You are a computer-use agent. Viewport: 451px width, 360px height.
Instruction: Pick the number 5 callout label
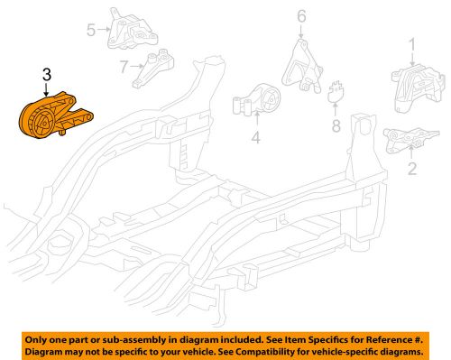[x=91, y=32]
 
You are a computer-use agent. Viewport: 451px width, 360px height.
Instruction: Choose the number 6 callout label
[x=300, y=15]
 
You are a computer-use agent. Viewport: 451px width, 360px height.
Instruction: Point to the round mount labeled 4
[x=259, y=105]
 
